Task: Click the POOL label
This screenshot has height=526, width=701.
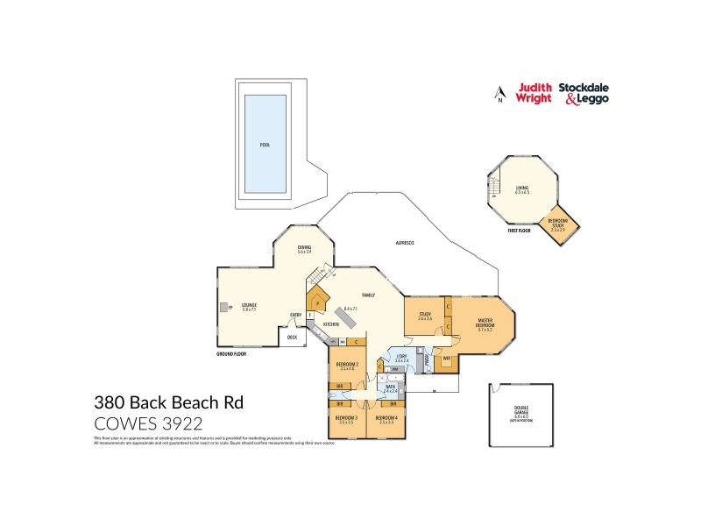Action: (x=265, y=145)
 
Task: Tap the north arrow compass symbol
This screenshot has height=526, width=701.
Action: (x=499, y=94)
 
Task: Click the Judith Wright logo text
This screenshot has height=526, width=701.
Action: (x=535, y=93)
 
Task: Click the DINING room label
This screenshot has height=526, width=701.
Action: (x=304, y=248)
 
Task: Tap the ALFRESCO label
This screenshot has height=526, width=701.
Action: (x=405, y=242)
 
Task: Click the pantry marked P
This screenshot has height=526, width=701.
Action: (x=317, y=304)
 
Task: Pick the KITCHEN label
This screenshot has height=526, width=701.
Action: (x=331, y=324)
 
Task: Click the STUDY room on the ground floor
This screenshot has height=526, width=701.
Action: (x=425, y=316)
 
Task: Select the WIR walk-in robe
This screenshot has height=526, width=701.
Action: (x=446, y=358)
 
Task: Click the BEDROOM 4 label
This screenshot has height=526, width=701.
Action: (x=386, y=419)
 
